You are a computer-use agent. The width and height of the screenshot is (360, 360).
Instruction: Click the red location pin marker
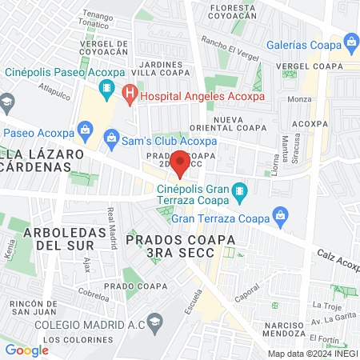point(181,162)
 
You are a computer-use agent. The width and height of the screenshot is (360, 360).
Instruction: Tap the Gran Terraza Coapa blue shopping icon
point(280,214)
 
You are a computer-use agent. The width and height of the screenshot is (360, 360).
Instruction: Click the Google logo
point(27,350)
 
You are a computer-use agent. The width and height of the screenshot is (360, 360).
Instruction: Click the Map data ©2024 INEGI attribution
point(311,353)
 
